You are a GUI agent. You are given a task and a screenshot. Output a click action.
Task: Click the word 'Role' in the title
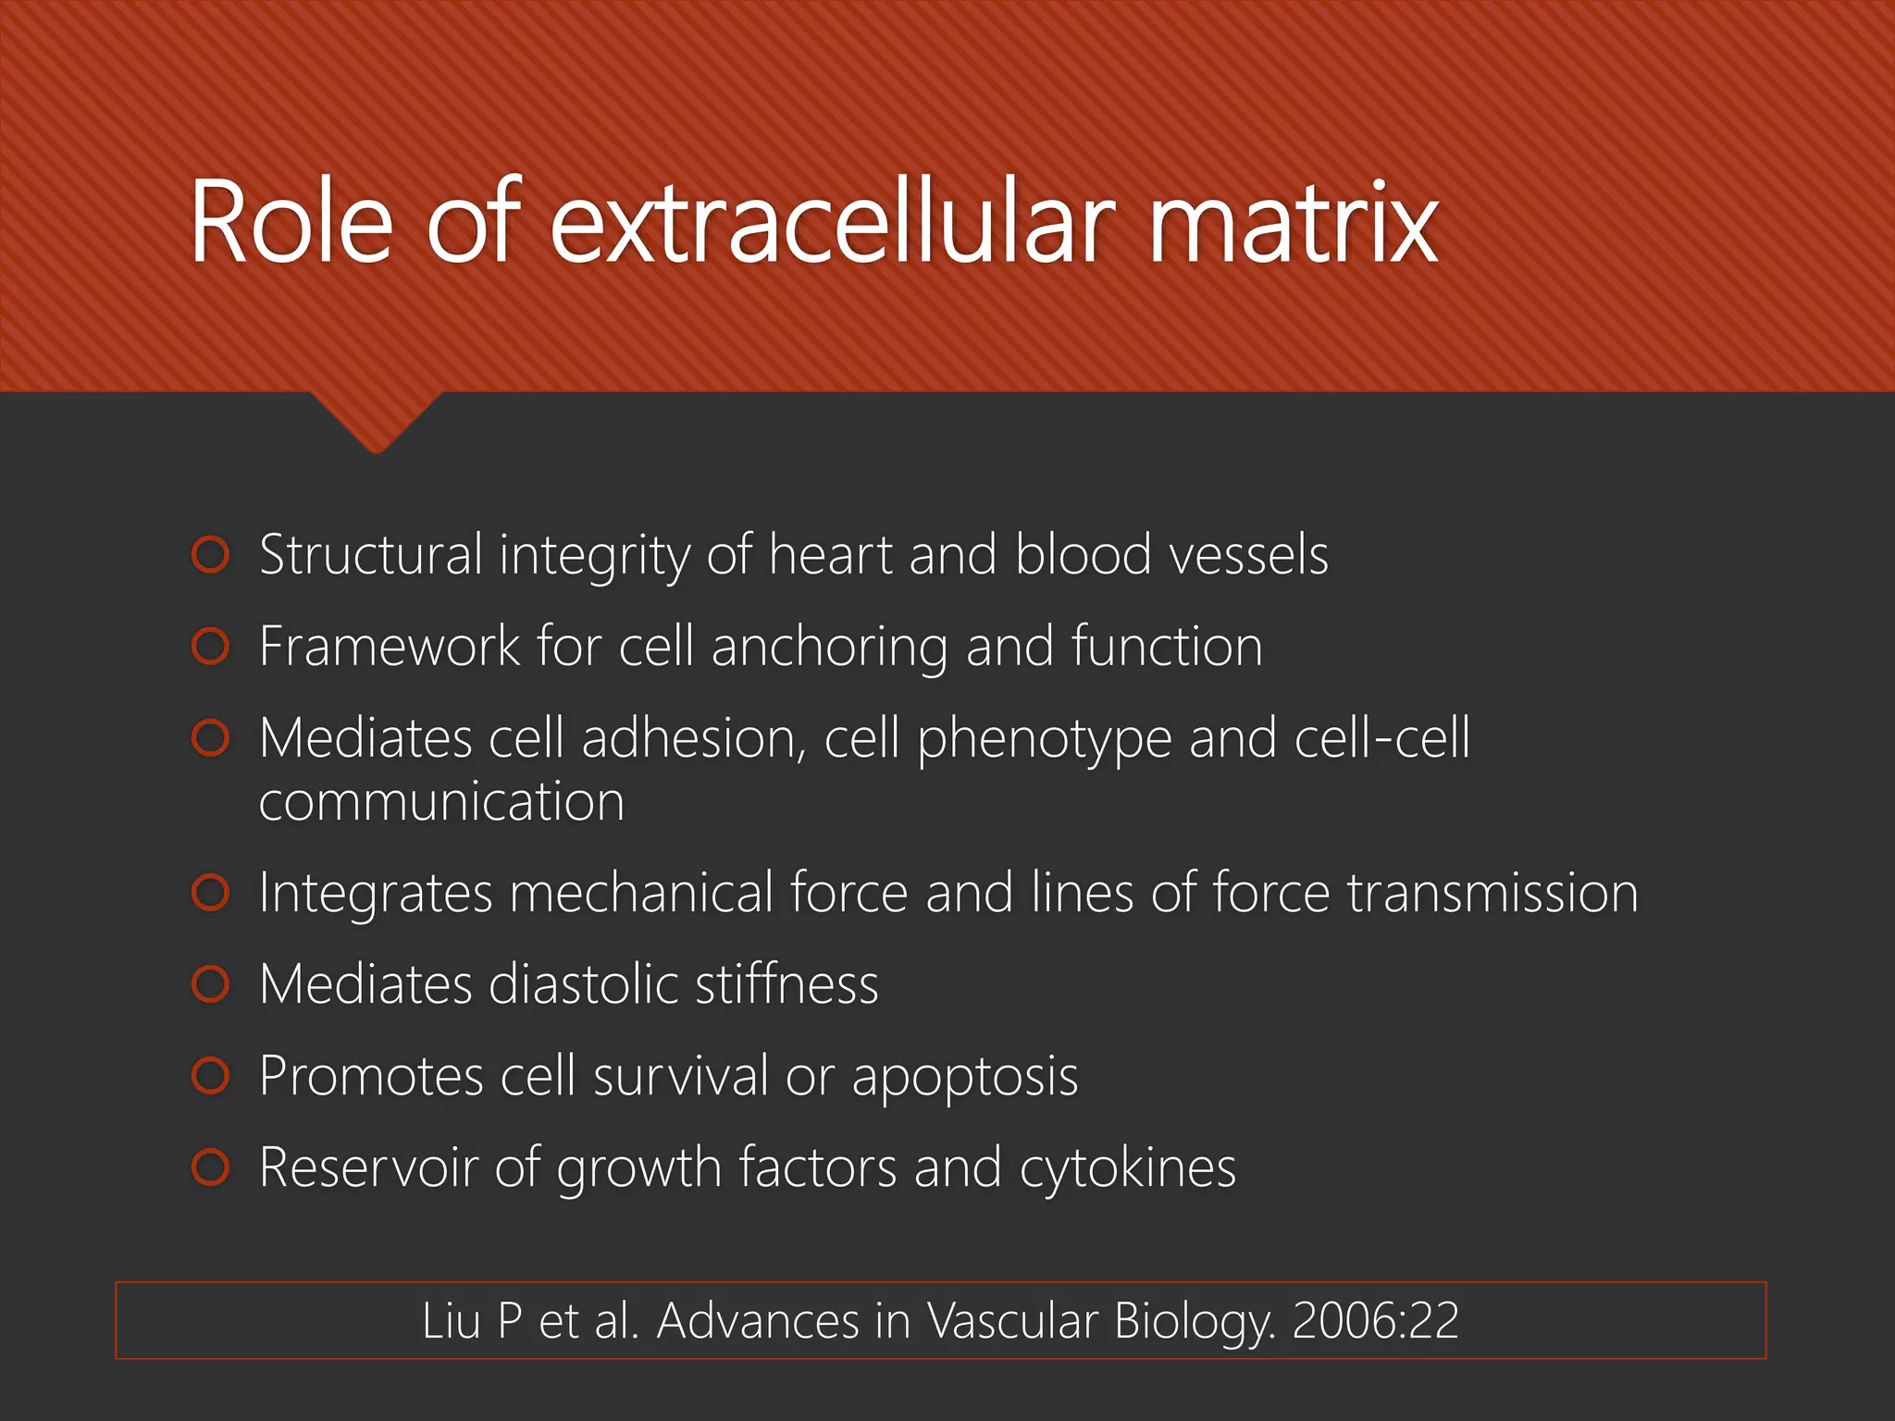pos(291,222)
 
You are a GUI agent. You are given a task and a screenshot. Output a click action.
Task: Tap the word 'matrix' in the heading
pos(1293,222)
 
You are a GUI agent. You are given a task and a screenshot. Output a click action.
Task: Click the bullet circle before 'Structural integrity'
pos(211,555)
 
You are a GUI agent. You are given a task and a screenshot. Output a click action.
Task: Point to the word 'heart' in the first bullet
pos(830,555)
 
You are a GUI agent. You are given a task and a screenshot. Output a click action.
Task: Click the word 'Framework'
pos(389,646)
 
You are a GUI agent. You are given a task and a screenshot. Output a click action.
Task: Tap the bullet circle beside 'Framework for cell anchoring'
pos(211,647)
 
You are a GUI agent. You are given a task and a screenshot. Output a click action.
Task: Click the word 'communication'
pos(441,801)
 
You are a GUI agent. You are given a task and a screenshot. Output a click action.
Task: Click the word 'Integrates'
pos(376,894)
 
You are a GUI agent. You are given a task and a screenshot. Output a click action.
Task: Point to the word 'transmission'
pos(1492,893)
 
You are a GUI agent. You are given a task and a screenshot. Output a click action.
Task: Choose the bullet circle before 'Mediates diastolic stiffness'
pos(211,983)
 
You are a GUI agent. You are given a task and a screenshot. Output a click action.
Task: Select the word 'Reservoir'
pos(368,1168)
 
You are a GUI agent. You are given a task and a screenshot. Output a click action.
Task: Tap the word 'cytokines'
pos(1127,1168)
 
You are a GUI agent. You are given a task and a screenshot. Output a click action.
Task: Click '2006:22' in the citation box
pos(1375,1320)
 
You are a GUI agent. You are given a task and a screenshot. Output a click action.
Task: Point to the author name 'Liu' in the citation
pos(451,1320)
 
